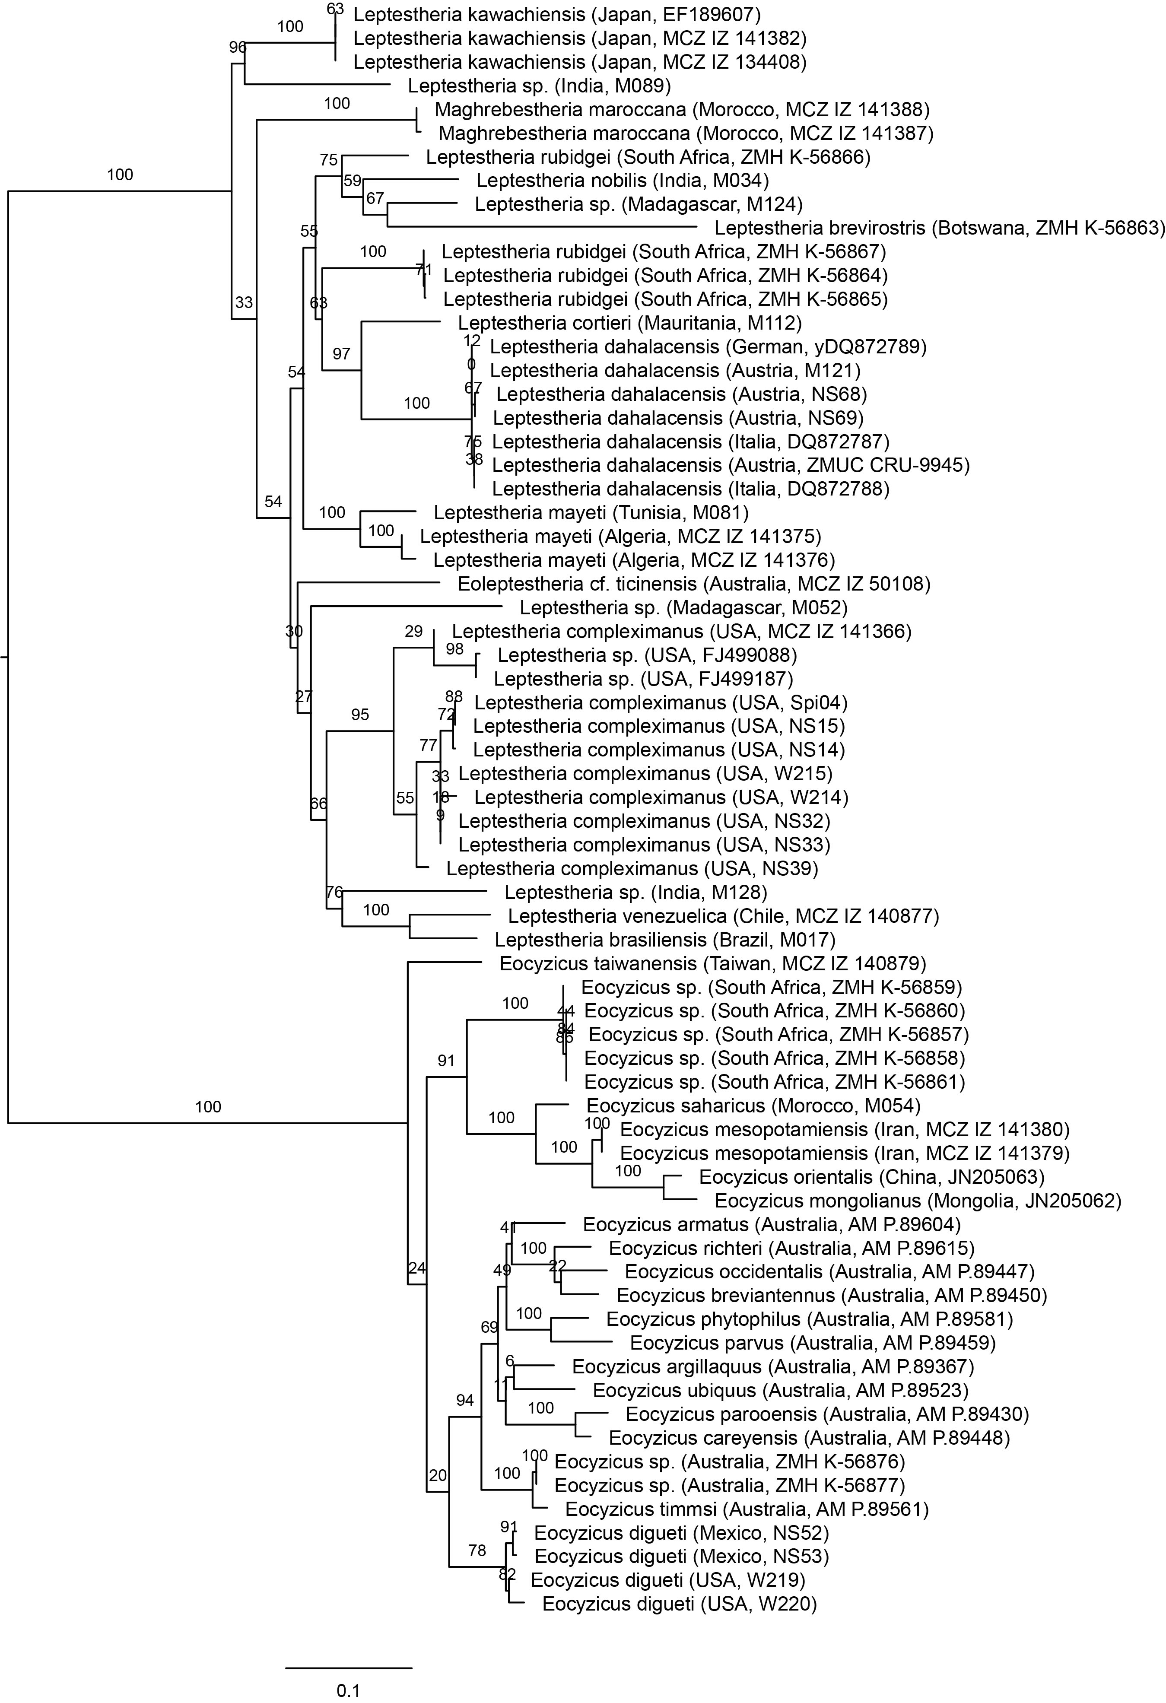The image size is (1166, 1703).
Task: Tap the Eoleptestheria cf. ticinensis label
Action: (x=693, y=584)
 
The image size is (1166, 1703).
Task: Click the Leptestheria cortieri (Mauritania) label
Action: (x=629, y=322)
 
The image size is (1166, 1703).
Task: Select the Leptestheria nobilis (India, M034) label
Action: (x=622, y=180)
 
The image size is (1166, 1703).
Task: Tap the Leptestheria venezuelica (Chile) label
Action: (x=723, y=916)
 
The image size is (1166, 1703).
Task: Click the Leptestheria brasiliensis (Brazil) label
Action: (x=665, y=940)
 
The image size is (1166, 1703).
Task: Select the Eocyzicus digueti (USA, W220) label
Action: (x=680, y=1604)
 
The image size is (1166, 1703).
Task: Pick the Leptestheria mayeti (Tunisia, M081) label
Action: (x=591, y=513)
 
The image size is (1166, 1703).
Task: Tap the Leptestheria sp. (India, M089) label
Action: (x=540, y=86)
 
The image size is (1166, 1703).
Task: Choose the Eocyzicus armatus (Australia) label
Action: (x=772, y=1224)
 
